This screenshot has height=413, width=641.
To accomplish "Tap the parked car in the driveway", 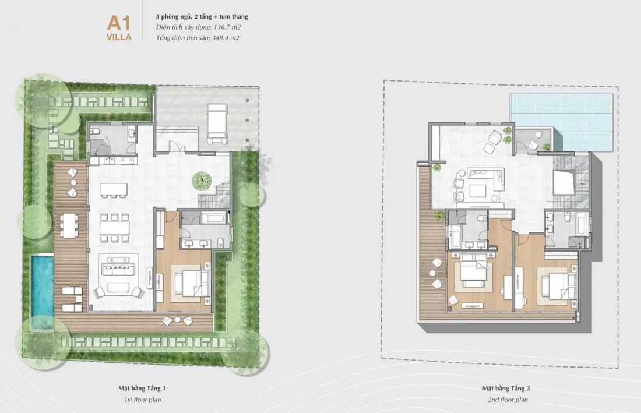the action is point(217,123).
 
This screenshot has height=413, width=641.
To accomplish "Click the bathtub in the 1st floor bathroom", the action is point(214,217).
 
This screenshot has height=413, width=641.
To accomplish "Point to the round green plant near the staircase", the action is point(203,181).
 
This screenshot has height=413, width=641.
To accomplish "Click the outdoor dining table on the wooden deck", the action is point(69,225).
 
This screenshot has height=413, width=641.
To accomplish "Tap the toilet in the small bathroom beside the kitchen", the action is point(95,132).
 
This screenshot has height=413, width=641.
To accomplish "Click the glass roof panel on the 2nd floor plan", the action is point(562,122).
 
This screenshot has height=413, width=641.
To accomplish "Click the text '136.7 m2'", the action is point(227,27).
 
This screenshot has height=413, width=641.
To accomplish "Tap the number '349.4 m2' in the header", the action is point(226,38).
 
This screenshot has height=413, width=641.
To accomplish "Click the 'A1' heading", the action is point(119,23).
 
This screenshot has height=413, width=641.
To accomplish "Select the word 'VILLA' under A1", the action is point(119,37).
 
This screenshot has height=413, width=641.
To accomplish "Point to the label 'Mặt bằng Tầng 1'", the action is point(142,389).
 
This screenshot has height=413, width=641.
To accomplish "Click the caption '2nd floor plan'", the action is point(508,400).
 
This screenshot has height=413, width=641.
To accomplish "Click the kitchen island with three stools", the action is point(114,189).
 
